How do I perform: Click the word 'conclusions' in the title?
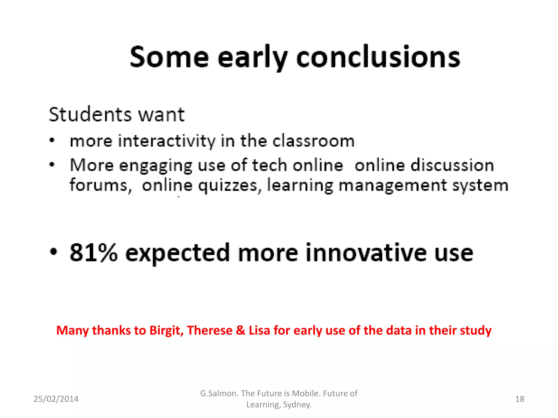(378, 57)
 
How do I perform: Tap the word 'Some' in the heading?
(169, 57)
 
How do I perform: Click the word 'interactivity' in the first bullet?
(166, 142)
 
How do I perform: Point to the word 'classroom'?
(314, 142)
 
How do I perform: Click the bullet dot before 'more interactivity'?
(52, 141)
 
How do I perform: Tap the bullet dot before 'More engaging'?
(52, 164)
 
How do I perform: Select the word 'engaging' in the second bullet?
(156, 166)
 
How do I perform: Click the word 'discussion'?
(452, 165)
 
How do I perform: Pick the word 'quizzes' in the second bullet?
(228, 186)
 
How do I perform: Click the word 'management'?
(393, 186)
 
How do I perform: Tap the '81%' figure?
(94, 253)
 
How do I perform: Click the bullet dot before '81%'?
(54, 251)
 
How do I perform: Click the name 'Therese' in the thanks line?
(210, 330)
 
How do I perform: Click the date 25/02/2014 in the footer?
(56, 399)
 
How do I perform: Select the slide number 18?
(520, 399)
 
